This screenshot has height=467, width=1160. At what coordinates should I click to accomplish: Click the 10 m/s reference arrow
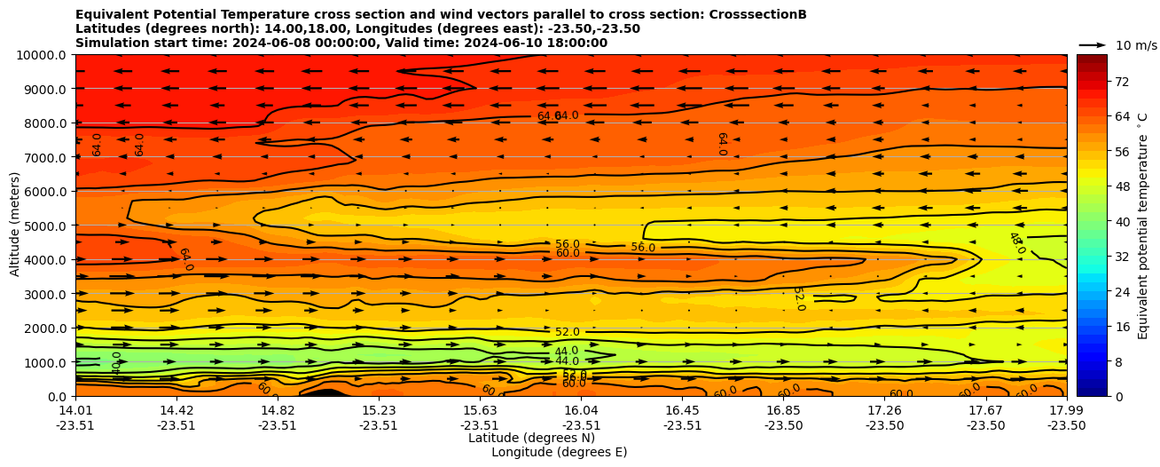1093,44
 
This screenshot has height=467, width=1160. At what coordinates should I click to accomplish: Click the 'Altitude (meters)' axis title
15,226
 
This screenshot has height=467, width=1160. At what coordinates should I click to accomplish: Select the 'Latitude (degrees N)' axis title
531,438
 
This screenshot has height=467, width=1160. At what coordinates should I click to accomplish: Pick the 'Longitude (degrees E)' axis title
559,452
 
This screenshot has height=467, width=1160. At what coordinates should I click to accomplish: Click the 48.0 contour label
1016,242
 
